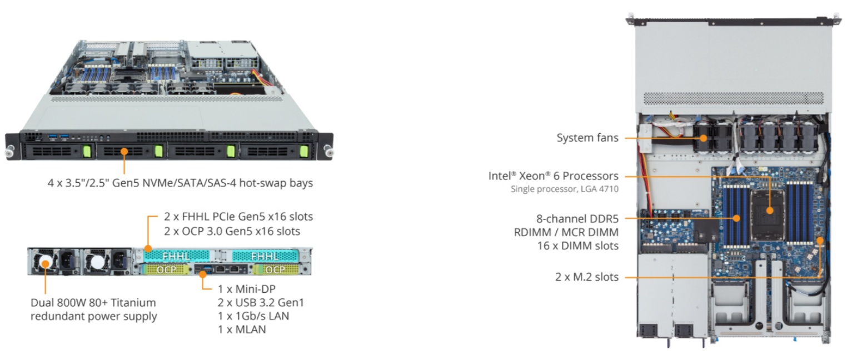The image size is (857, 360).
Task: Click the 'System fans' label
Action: [x=587, y=138]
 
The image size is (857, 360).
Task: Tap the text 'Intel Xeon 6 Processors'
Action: [x=553, y=176]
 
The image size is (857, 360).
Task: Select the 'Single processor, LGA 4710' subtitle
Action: [x=565, y=189]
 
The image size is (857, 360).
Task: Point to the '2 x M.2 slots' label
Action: [x=587, y=277]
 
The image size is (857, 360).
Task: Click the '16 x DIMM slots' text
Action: [x=577, y=246]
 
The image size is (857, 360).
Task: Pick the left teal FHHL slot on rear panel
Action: [x=176, y=256]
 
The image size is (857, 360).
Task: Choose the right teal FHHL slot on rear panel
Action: [x=265, y=256]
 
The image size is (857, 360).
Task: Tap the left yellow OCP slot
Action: [x=167, y=269]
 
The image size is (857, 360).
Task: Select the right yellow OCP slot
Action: [x=276, y=269]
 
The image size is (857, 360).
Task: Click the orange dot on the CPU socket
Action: [x=770, y=211]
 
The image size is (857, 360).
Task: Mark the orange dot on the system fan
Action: [x=703, y=138]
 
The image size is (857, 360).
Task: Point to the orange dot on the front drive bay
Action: [x=124, y=152]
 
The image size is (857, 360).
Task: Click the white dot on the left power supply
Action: [x=46, y=263]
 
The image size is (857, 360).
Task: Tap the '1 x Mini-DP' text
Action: [x=246, y=289]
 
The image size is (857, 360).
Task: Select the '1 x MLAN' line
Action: [x=242, y=329]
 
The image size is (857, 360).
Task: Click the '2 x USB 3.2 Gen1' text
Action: [x=261, y=303]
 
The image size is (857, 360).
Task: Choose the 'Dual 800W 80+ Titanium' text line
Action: [x=93, y=303]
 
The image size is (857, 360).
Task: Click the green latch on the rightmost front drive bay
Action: [x=304, y=151]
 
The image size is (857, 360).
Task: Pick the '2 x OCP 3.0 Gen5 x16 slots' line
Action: [x=232, y=232]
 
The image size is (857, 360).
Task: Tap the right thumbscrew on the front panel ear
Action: [x=328, y=152]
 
